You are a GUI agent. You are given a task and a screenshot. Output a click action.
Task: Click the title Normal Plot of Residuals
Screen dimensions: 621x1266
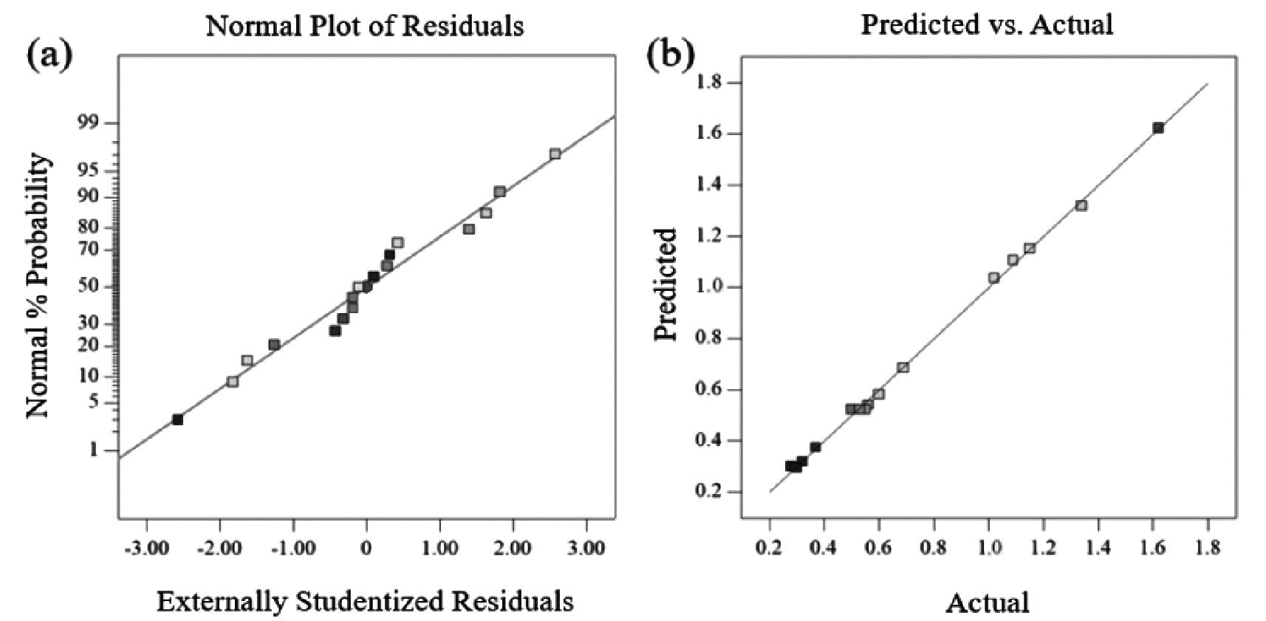click(x=365, y=26)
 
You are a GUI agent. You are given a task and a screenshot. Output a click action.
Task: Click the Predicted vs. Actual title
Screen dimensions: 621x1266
click(x=987, y=24)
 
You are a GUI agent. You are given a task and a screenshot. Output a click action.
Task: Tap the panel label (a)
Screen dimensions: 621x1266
click(x=50, y=55)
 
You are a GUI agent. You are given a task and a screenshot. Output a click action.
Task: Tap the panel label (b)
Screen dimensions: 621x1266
click(x=670, y=55)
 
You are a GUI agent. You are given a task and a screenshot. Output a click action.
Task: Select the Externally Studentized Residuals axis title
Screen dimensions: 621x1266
click(x=365, y=601)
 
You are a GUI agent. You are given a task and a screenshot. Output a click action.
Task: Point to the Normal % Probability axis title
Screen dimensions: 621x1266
click(x=40, y=287)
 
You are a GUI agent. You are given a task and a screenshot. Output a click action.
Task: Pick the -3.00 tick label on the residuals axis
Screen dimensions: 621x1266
click(x=146, y=548)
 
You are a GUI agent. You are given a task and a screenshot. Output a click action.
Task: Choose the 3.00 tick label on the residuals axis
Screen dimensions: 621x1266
click(x=587, y=548)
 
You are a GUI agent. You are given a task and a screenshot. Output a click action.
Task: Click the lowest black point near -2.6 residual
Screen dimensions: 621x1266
click(x=177, y=419)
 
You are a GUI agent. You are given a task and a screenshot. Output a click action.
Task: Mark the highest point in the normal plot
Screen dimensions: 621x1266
click(x=555, y=154)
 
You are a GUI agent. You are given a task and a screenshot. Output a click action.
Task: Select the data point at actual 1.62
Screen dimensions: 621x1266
click(x=1158, y=128)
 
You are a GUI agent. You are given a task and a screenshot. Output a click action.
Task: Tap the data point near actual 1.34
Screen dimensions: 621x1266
click(x=1081, y=205)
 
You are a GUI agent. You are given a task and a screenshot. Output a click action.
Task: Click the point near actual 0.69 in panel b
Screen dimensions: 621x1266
click(x=903, y=367)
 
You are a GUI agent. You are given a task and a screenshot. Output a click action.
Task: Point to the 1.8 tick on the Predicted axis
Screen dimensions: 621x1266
click(x=709, y=82)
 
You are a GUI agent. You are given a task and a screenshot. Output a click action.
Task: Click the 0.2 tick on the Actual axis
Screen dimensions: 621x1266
click(x=770, y=548)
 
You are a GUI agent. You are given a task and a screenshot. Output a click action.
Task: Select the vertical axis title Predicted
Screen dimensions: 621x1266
click(x=665, y=284)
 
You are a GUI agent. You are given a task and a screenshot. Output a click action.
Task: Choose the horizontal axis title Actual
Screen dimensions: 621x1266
click(x=988, y=603)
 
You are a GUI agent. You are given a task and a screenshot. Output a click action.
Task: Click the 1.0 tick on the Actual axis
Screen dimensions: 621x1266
click(x=989, y=548)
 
